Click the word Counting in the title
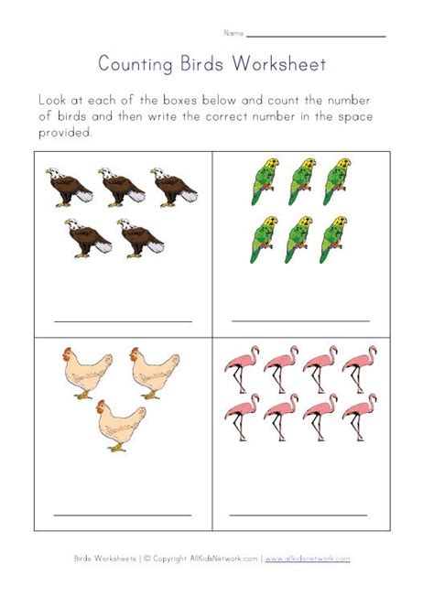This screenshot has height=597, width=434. [x=130, y=66]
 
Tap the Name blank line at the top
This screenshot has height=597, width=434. [x=316, y=36]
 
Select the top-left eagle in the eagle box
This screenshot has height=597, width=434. [x=69, y=185]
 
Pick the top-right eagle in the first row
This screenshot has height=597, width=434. [x=174, y=185]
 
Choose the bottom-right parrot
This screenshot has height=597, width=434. [x=335, y=239]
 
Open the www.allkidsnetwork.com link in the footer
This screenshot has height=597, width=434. [x=309, y=558]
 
